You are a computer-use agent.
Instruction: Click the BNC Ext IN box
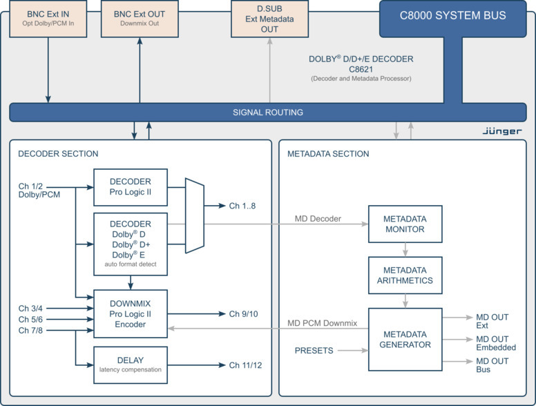48,19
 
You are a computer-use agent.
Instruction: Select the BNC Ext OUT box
140,19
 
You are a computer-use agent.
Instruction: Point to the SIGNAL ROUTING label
268,113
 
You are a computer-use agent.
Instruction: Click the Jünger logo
501,130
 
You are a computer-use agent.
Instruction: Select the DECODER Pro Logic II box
131,187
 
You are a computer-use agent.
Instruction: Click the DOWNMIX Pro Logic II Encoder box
131,313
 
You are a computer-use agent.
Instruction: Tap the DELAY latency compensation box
131,365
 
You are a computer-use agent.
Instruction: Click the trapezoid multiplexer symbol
195,215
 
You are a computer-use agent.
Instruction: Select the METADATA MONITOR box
405,224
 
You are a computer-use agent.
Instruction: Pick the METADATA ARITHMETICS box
405,275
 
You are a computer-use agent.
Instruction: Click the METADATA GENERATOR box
405,339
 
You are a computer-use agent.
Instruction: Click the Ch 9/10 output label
243,314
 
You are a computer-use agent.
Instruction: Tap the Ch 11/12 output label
245,365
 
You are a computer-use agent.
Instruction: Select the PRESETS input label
314,351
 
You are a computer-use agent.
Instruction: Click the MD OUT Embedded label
496,342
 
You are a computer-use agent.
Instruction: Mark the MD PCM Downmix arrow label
322,322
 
